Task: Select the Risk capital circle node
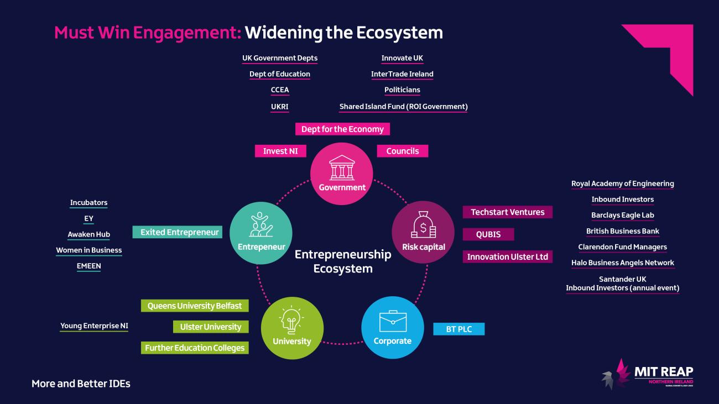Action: [423, 232]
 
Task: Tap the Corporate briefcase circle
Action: [392, 327]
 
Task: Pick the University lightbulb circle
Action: [292, 327]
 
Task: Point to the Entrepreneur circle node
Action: [261, 232]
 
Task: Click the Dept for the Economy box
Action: [342, 129]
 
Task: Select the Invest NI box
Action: [280, 151]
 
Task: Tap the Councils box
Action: [403, 151]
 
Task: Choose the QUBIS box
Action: [488, 234]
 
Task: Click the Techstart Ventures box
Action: [507, 212]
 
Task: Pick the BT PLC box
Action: [459, 329]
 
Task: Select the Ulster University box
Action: [211, 327]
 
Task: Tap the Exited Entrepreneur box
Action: [178, 232]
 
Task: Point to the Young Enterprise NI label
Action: [94, 326]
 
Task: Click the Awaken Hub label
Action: [88, 234]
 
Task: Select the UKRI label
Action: [280, 106]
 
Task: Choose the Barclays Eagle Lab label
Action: [622, 215]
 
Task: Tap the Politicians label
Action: [402, 90]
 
